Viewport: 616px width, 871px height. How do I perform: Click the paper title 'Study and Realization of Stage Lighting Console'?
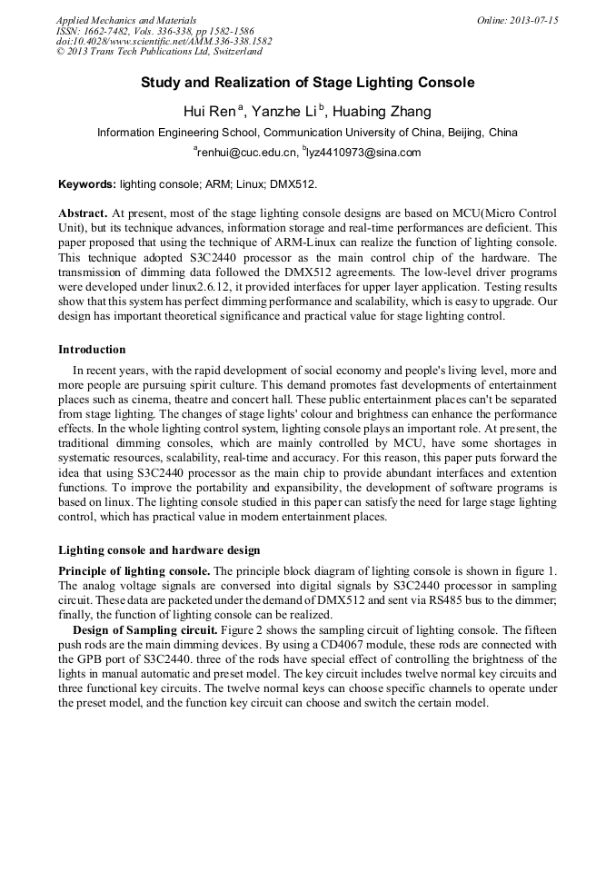tap(307, 83)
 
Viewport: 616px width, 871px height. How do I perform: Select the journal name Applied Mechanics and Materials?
tap(125, 20)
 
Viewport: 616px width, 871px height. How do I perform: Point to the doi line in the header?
tap(164, 42)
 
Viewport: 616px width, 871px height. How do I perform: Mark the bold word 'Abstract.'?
tap(84, 212)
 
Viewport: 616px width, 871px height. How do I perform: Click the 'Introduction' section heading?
tap(92, 350)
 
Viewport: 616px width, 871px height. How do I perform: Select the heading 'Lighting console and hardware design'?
tap(159, 550)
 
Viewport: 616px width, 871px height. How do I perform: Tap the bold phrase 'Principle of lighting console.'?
tap(134, 569)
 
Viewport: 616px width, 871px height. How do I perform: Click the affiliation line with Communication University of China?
tap(307, 133)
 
